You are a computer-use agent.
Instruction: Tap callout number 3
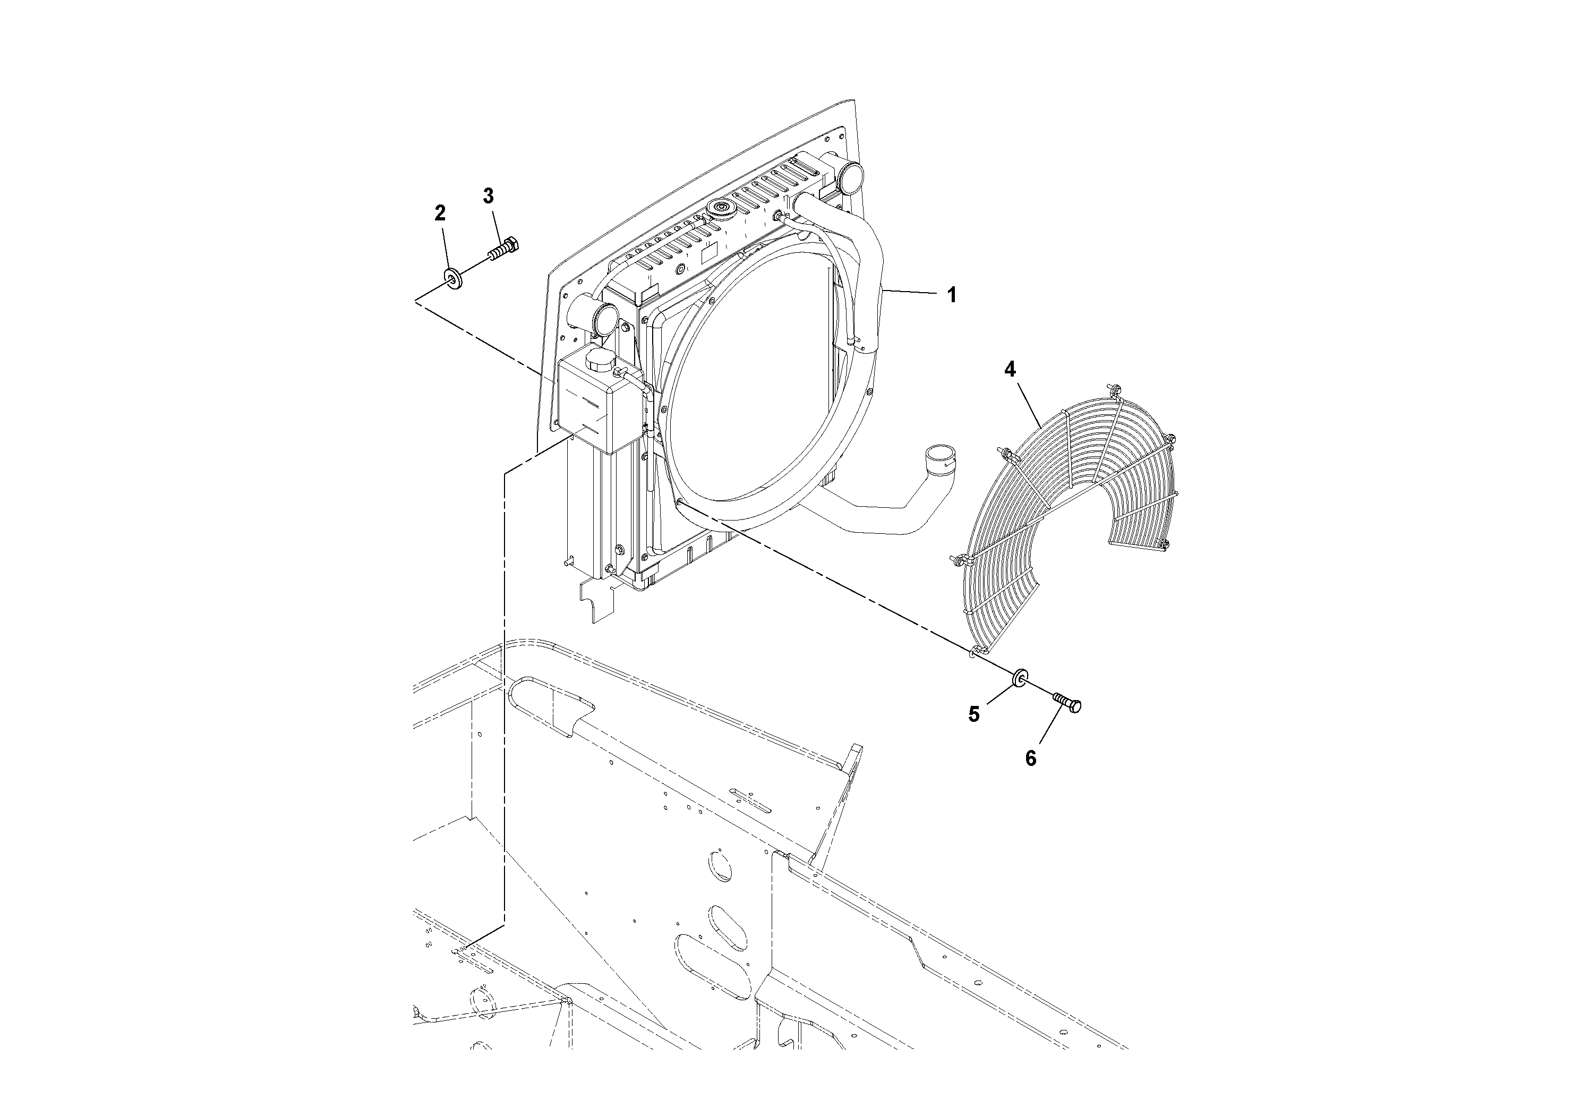click(488, 197)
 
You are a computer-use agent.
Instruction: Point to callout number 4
click(1010, 370)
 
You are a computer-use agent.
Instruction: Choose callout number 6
click(1030, 758)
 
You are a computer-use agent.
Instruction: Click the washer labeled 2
click(452, 278)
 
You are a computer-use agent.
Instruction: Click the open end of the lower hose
click(940, 455)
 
